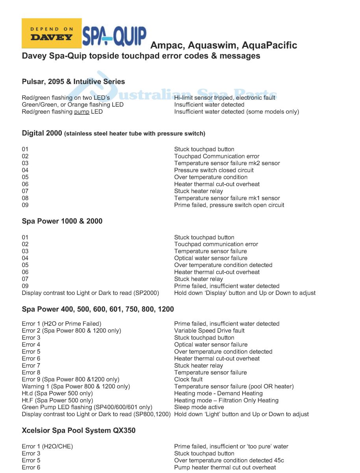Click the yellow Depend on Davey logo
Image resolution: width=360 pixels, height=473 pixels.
tap(52, 34)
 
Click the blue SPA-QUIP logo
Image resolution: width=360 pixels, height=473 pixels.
tap(114, 36)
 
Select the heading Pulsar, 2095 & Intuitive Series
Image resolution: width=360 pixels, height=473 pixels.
tap(73, 82)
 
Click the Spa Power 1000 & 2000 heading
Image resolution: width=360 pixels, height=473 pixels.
tap(62, 221)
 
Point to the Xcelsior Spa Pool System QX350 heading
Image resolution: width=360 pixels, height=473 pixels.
tap(78, 430)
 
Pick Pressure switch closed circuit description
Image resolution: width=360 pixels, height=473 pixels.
tap(214, 170)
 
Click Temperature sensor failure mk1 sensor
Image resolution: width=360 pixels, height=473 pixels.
tap(227, 198)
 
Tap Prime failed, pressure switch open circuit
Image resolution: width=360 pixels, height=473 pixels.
tap(229, 205)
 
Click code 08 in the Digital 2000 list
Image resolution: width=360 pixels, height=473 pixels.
tap(25, 198)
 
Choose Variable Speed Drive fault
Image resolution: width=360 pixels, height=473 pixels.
tap(209, 331)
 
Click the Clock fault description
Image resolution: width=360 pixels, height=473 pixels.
tap(188, 380)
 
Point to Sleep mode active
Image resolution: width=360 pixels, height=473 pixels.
tap(199, 407)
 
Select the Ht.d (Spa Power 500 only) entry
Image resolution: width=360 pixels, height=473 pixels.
tap(57, 393)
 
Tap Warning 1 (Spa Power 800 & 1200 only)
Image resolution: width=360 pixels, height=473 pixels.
tap(76, 386)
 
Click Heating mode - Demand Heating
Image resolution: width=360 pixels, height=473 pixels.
tap(218, 393)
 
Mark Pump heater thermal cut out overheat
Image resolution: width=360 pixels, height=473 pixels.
tap(225, 467)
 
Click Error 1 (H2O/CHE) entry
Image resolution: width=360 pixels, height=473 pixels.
tap(47, 447)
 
